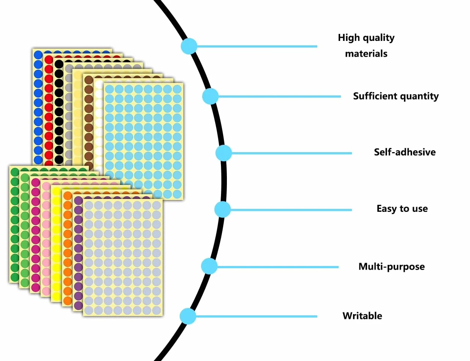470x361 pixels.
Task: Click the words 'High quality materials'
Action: (x=366, y=46)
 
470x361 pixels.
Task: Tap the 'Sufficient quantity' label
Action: (x=396, y=96)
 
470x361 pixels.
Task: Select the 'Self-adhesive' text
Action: (x=405, y=152)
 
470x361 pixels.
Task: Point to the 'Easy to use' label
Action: (x=402, y=208)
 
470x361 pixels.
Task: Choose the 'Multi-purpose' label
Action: (x=391, y=267)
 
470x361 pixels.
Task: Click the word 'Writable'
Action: (x=362, y=316)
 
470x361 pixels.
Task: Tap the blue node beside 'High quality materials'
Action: (x=189, y=46)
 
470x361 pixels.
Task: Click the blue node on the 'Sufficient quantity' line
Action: (x=210, y=96)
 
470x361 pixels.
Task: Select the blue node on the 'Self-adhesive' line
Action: (x=224, y=153)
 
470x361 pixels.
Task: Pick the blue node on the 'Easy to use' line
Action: (x=222, y=210)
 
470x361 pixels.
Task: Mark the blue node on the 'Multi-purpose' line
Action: (x=209, y=266)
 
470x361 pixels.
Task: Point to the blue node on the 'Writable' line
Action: (x=188, y=316)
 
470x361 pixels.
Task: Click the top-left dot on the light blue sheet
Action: (x=110, y=89)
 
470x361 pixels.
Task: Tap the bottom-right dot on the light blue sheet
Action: (x=177, y=194)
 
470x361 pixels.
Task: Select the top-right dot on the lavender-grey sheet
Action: (x=156, y=205)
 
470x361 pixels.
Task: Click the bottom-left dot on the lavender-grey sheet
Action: (x=89, y=311)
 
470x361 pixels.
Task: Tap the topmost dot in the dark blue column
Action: (x=38, y=55)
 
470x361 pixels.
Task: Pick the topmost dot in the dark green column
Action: (x=15, y=172)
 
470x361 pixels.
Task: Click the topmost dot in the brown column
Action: (x=89, y=80)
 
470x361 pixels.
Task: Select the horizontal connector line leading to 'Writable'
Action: (x=256, y=316)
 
